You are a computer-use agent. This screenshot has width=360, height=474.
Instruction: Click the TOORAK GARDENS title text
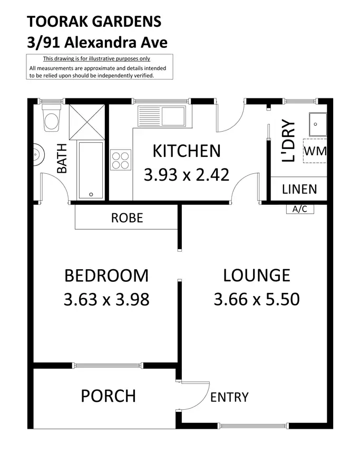[94, 22]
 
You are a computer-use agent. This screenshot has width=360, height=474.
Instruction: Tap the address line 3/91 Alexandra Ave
[97, 42]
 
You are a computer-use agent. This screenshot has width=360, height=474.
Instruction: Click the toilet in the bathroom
[52, 119]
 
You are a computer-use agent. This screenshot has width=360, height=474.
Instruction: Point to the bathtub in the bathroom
[91, 170]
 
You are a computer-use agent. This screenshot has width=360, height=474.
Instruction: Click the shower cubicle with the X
[87, 122]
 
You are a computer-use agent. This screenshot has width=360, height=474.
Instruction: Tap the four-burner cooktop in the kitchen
[121, 160]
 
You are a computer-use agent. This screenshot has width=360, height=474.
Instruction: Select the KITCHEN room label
[186, 151]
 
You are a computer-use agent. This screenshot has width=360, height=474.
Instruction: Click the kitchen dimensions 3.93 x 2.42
[186, 174]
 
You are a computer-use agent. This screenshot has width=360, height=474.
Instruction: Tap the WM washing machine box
[315, 151]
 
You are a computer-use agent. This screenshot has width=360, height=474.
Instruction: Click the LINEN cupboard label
[299, 189]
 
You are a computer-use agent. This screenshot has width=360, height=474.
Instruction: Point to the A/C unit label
[299, 209]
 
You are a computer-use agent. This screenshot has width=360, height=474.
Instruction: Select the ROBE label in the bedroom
[127, 218]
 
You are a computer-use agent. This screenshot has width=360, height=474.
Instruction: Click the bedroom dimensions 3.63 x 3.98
[106, 300]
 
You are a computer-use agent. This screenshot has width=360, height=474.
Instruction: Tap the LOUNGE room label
[256, 275]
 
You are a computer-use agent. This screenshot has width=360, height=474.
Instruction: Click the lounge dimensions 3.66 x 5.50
[256, 300]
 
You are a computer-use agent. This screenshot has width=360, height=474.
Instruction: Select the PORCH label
[108, 396]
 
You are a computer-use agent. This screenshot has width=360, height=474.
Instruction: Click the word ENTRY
[229, 397]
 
